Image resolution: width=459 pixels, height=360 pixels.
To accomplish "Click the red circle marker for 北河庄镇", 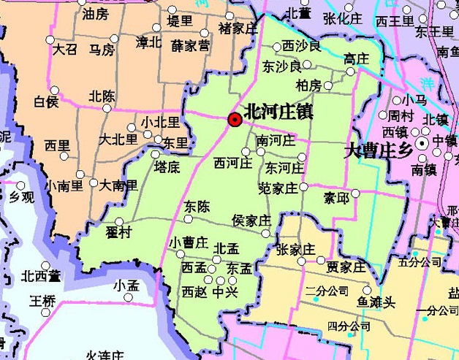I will (235, 120).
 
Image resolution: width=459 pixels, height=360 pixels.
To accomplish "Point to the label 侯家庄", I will (251, 220).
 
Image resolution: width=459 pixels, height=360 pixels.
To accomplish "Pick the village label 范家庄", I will (278, 188).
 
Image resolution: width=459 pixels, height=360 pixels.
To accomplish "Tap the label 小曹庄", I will (189, 242).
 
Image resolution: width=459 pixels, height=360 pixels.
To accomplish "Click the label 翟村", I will (118, 232).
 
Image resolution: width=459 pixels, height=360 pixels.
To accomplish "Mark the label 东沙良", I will (281, 66).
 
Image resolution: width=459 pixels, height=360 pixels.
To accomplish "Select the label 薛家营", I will (190, 45).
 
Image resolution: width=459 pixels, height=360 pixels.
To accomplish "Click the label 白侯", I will (46, 101).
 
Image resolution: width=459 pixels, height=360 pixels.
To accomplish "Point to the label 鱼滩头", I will (375, 300).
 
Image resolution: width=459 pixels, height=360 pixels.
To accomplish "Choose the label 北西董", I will (40, 276).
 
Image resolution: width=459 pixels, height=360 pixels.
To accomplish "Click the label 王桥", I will (42, 300).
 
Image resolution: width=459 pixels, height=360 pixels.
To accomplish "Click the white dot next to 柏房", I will (328, 85).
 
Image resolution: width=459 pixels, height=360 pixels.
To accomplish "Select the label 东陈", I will (197, 206).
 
